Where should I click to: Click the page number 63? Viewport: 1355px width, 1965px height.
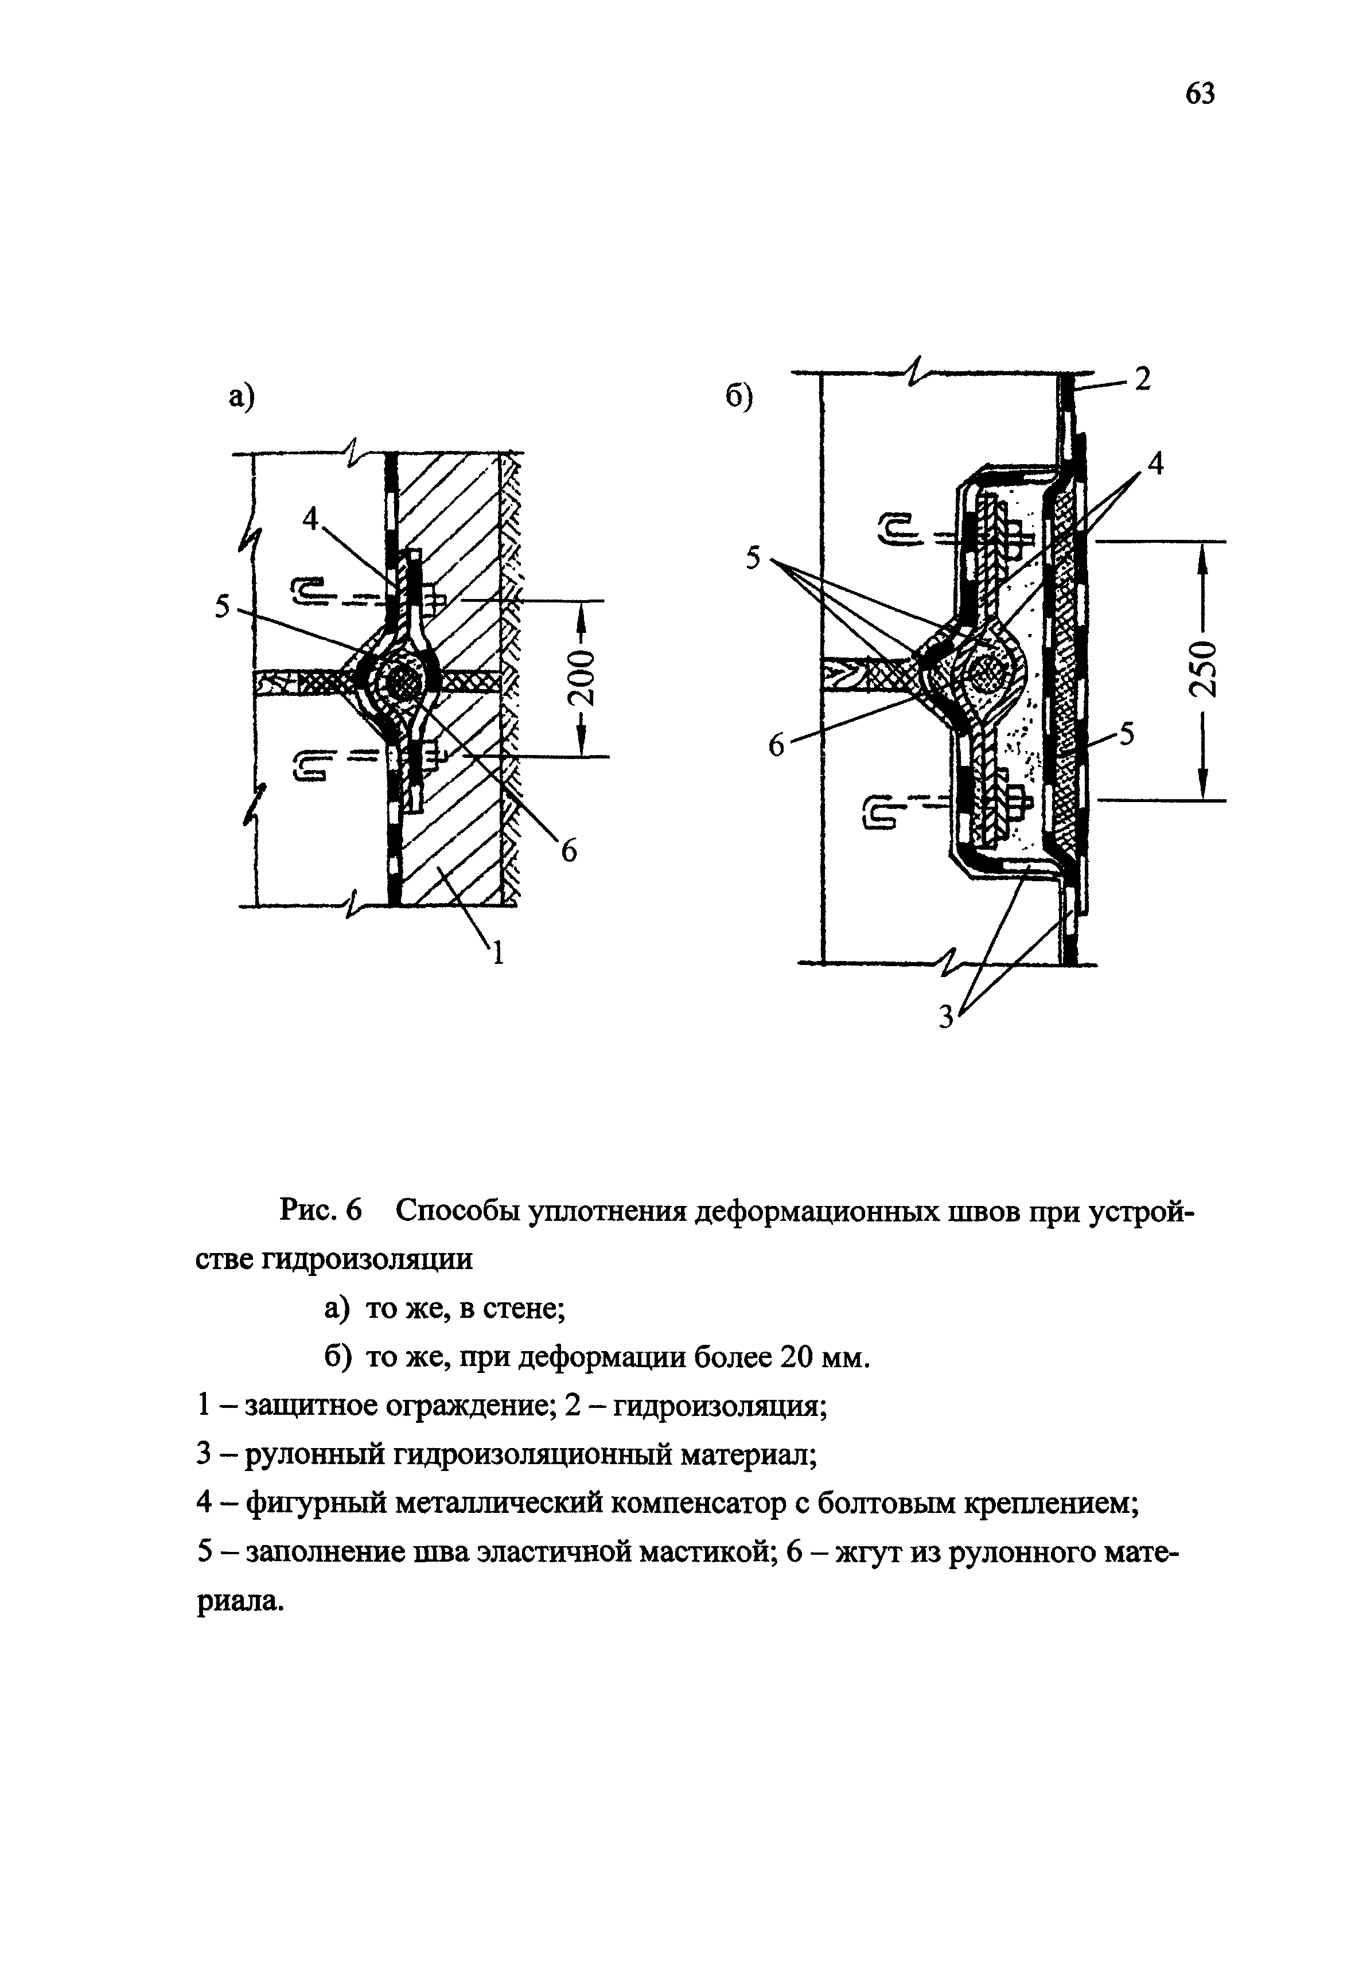[x=1200, y=94]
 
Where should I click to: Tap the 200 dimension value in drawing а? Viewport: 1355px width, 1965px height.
[x=582, y=679]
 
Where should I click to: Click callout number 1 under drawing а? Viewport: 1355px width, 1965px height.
[x=499, y=955]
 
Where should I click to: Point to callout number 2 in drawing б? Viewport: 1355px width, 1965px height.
[x=1143, y=380]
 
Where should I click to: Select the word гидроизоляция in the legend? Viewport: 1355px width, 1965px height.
[x=718, y=1406]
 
